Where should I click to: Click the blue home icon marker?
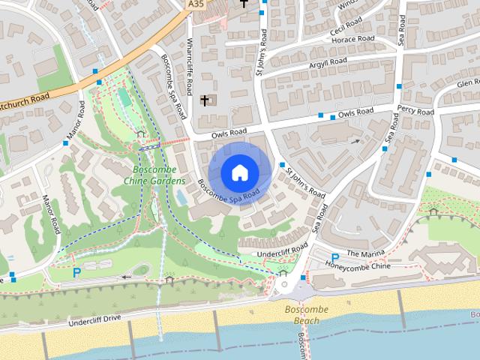point(239,172)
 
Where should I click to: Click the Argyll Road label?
point(328,64)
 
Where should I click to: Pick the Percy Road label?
point(415,112)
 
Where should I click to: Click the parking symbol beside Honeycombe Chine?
point(334,258)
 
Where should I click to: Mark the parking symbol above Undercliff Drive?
point(76,272)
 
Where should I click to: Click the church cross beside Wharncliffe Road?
point(204,100)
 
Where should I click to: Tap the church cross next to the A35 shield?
point(243,4)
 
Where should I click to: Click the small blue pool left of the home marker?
point(181,197)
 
